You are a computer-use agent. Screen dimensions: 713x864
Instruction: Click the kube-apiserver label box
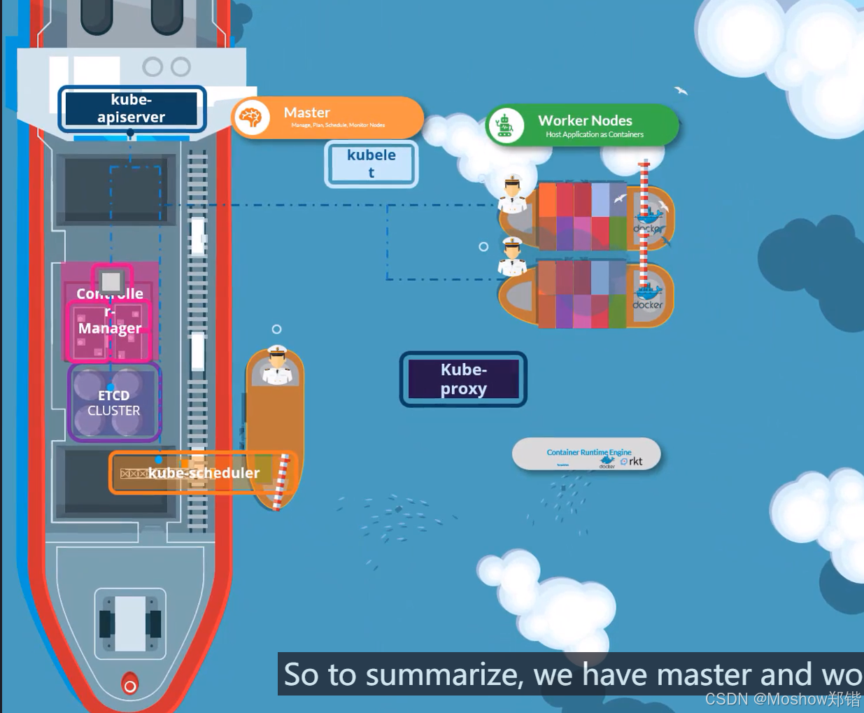tap(132, 108)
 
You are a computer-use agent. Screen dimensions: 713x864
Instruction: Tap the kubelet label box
tap(371, 164)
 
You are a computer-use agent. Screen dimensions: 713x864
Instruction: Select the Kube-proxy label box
tap(463, 379)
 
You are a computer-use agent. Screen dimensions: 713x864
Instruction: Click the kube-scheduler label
tap(204, 473)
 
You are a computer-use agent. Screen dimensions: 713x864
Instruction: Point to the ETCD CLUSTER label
tap(114, 403)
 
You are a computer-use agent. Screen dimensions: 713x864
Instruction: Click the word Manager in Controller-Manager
tap(110, 328)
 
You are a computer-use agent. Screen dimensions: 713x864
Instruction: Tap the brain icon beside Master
tap(251, 117)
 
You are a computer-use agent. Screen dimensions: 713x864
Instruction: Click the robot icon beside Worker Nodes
tap(504, 125)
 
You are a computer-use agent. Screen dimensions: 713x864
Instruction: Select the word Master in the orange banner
tap(306, 113)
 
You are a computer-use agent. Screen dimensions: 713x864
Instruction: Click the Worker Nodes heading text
tap(585, 120)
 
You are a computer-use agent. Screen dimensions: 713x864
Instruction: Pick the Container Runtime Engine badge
tap(586, 455)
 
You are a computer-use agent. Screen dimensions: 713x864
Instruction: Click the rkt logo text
tap(635, 461)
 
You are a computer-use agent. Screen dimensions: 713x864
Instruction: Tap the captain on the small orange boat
tap(277, 365)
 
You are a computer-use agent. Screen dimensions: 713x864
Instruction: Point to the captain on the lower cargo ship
tap(512, 257)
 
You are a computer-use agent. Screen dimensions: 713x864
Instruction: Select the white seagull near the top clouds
tap(681, 90)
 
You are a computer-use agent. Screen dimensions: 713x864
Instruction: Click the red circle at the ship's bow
tap(129, 686)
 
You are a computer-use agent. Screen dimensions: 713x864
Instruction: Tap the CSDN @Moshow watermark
tap(782, 699)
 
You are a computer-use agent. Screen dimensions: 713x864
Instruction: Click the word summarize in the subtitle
tap(444, 675)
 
